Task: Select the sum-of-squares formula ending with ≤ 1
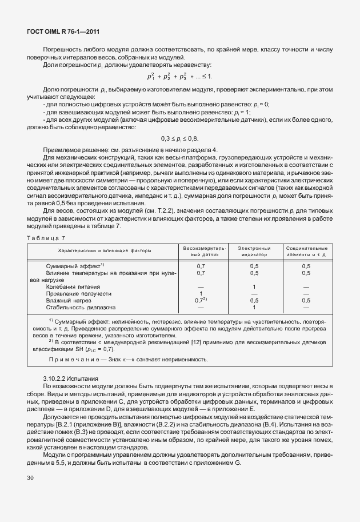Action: tap(179, 76)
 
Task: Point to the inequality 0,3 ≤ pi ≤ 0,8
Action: tap(179, 139)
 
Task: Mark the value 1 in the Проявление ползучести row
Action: tap(201, 293)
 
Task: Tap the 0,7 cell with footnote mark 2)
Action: tap(201, 300)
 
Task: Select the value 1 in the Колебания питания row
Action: tap(254, 286)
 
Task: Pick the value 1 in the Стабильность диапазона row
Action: tap(254, 306)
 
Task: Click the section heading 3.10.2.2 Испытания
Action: tap(71, 378)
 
